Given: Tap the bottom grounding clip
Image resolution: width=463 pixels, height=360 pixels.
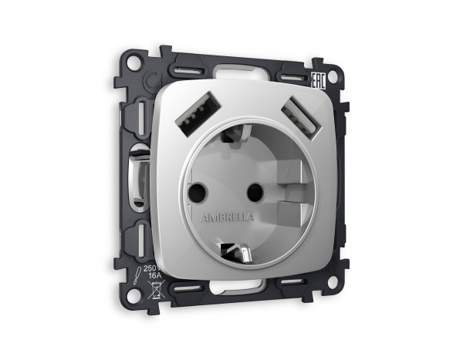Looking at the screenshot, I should click(235, 251).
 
